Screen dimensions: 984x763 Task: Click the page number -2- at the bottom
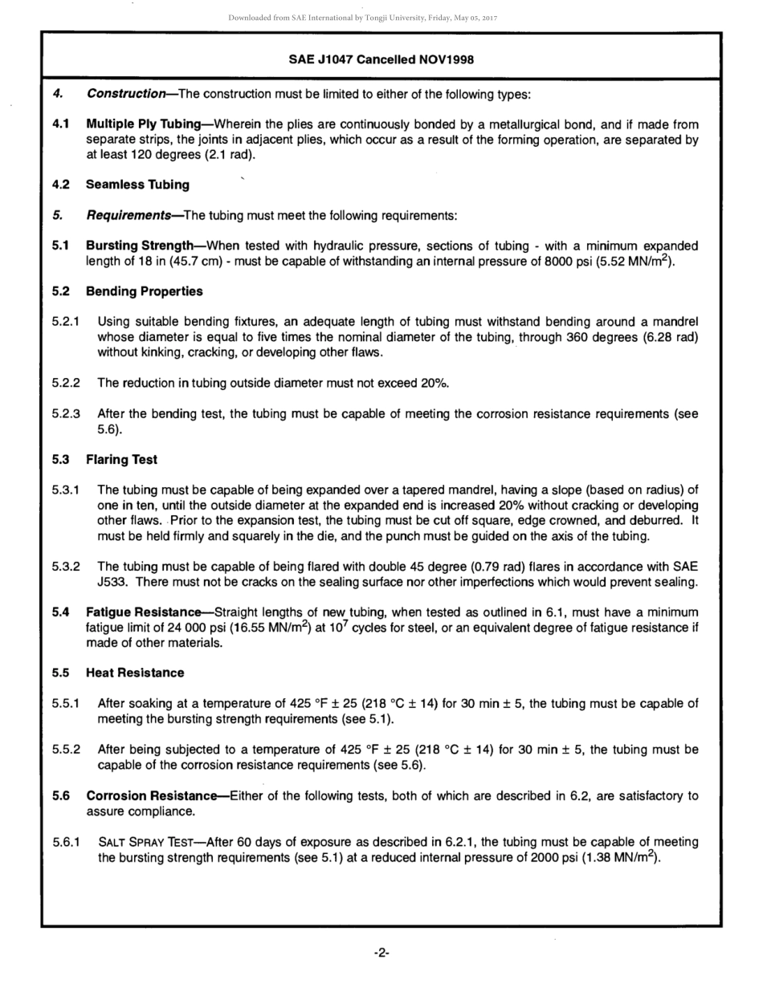point(381,953)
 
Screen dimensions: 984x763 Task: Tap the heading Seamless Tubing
point(137,185)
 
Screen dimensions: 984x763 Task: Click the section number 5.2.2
point(66,383)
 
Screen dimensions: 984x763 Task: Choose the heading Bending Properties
point(144,291)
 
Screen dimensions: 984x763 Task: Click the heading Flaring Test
point(121,460)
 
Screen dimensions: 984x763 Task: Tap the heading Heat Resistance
point(135,673)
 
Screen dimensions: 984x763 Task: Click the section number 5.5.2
point(66,750)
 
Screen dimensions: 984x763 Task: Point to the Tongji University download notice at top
point(381,18)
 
